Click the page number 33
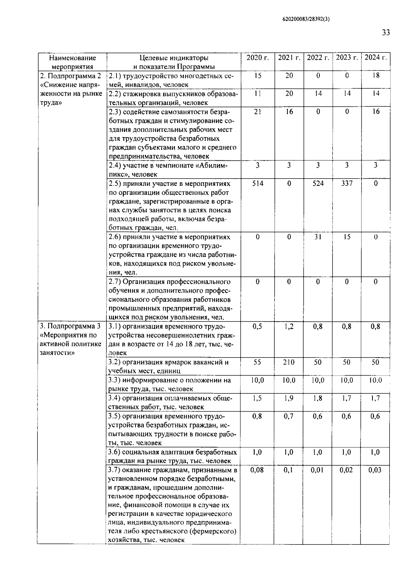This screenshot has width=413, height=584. tap(386, 33)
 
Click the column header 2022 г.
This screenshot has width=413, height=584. tap(318, 57)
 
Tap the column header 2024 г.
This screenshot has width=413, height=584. tap(375, 57)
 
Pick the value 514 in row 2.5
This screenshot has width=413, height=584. tap(257, 183)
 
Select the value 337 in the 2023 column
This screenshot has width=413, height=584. tap(347, 183)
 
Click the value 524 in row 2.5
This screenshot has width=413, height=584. tap(318, 183)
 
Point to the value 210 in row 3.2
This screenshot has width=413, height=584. tap(289, 362)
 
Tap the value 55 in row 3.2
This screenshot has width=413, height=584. tap(257, 362)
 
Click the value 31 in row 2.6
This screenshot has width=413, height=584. tap(318, 237)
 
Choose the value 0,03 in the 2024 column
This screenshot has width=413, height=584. tap(375, 470)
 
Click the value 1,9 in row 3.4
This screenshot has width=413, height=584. tap(289, 398)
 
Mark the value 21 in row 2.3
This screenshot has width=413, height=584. tap(257, 112)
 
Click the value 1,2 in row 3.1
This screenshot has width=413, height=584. tap(289, 327)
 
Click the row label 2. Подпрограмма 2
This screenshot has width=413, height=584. tap(71, 76)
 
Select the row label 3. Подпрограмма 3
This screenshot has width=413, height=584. tap(70, 326)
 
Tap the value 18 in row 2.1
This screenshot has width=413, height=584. tap(375, 75)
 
